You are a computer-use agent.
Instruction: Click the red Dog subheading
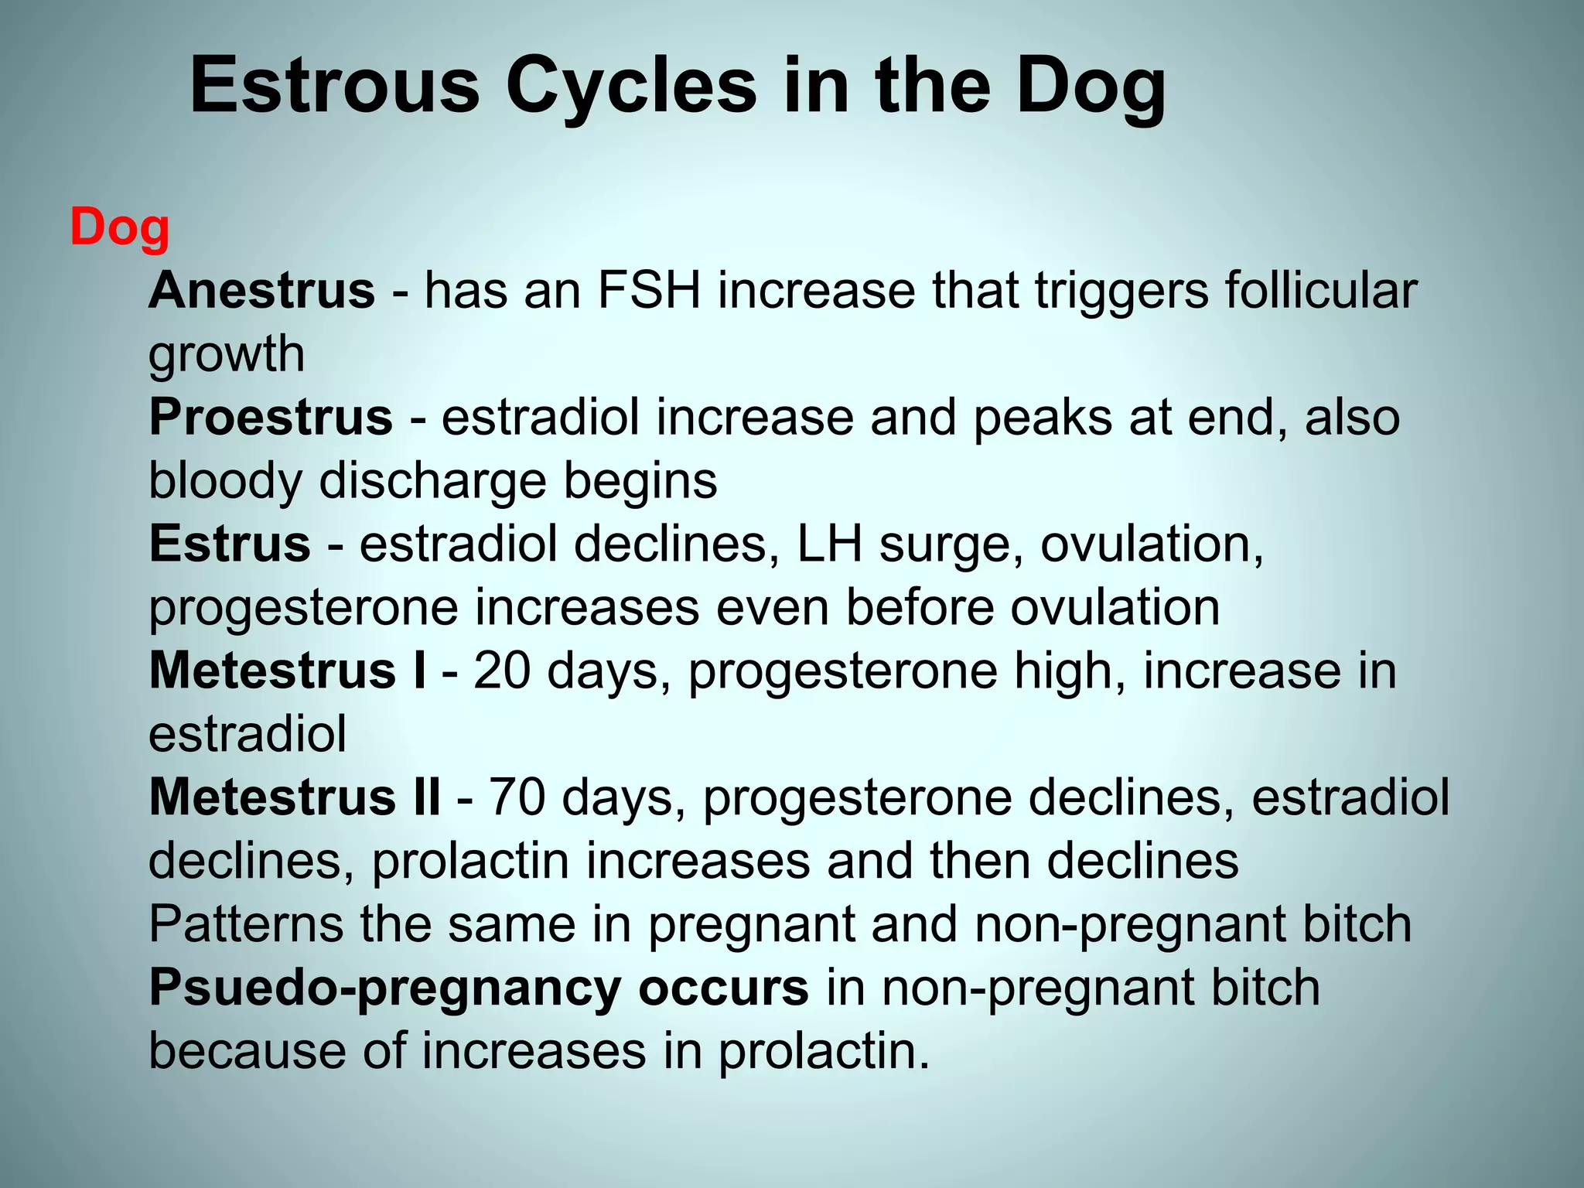click(120, 228)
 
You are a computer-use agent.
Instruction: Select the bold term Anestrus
click(262, 291)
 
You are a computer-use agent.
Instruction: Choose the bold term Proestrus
click(271, 418)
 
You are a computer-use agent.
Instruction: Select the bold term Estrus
click(230, 544)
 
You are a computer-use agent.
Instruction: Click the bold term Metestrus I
click(287, 671)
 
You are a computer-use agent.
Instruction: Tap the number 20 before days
click(502, 671)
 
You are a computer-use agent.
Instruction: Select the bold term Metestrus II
click(295, 797)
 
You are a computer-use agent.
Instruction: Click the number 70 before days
click(517, 797)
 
